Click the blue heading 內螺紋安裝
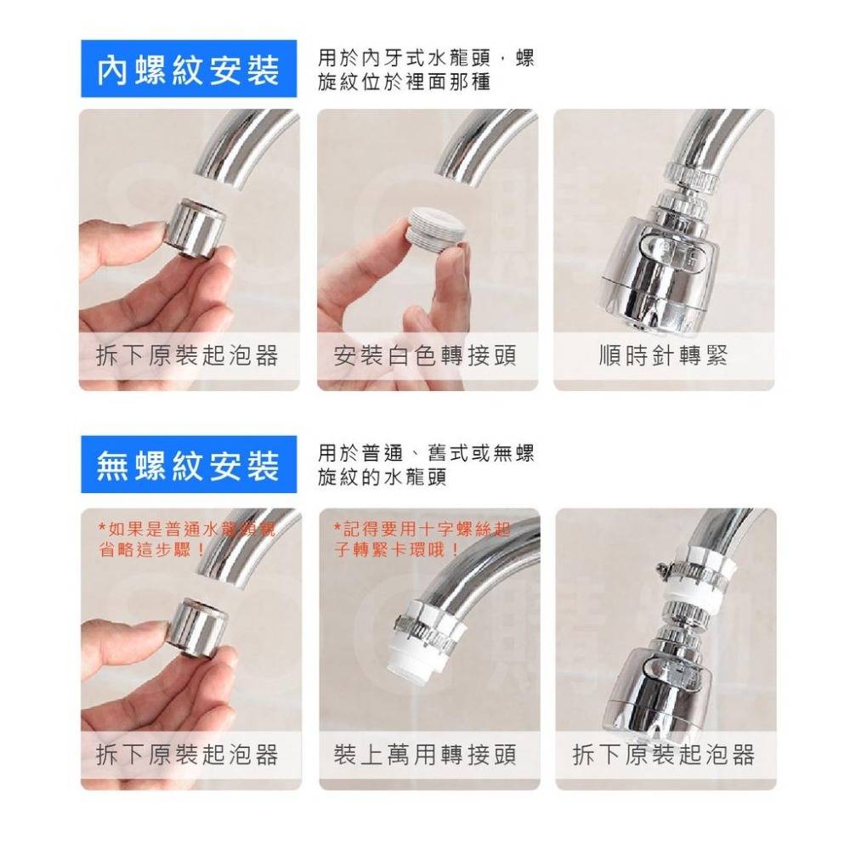[188, 71]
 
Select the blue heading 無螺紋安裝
[188, 465]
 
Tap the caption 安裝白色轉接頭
[425, 355]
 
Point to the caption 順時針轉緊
[663, 355]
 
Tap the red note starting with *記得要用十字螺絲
[422, 540]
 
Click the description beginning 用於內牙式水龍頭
[425, 71]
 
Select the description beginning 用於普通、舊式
[425, 465]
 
